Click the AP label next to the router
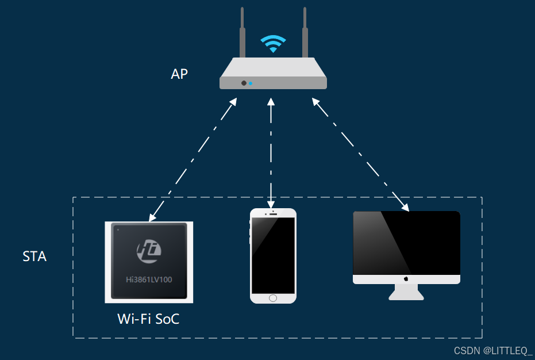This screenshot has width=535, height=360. (x=179, y=74)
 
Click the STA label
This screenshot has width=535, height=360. (x=34, y=256)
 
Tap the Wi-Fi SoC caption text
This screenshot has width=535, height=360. (x=148, y=319)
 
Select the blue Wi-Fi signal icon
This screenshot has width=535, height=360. (x=272, y=43)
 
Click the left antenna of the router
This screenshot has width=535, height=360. (x=243, y=35)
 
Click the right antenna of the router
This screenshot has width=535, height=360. (x=305, y=35)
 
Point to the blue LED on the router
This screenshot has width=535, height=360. (x=251, y=83)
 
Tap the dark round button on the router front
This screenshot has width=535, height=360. (x=244, y=83)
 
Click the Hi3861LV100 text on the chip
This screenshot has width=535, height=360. (x=149, y=280)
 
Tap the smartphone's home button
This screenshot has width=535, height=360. (x=273, y=298)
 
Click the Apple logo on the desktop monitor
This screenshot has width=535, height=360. (x=406, y=279)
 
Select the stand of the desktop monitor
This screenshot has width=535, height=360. (x=406, y=292)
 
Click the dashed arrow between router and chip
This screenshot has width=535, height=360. (x=193, y=160)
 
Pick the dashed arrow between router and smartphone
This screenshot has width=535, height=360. (x=271, y=152)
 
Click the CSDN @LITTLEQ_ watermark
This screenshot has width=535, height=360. (x=493, y=350)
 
